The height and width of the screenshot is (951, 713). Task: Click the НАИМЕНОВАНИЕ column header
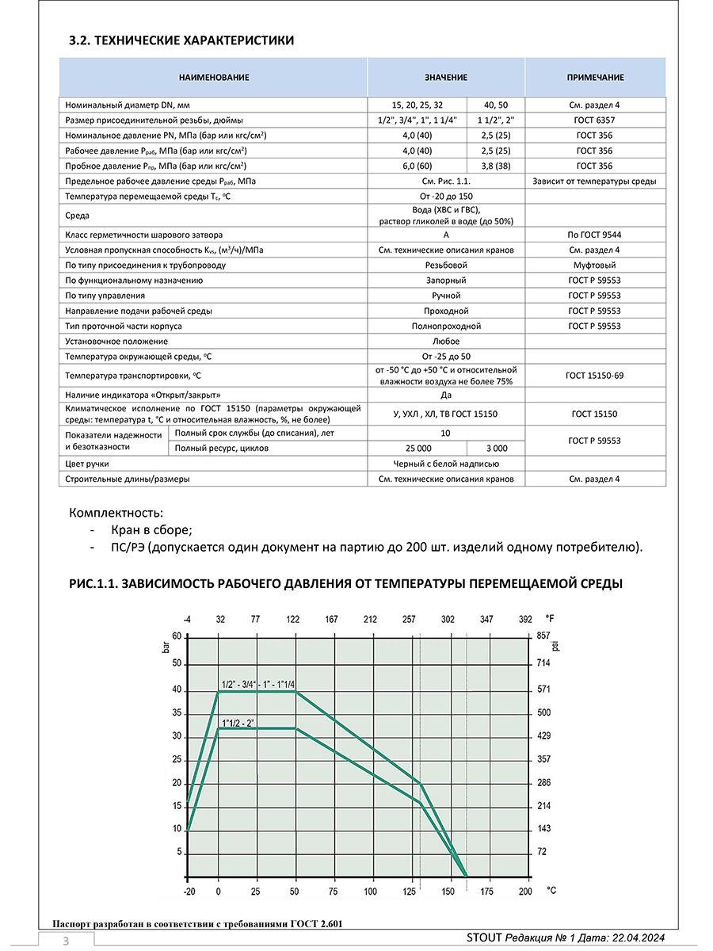point(214,78)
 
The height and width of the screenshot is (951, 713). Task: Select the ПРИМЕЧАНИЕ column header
point(595,78)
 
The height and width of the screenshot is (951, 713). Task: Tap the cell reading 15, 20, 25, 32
point(418,105)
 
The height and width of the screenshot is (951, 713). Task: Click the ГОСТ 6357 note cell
point(596,120)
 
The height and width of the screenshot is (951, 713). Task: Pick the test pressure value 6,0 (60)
point(418,166)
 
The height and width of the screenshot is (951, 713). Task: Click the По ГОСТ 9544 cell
point(596,235)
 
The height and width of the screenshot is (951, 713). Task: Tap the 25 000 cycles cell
point(418,448)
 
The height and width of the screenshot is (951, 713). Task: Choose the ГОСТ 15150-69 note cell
point(596,375)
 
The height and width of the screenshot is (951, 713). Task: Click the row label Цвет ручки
point(87,464)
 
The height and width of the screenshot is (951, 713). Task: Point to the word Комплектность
point(116,513)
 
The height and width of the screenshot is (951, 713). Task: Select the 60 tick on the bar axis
point(177,636)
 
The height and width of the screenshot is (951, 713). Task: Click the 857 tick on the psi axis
point(543,636)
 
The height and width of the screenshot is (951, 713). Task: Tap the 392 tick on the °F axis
point(525,619)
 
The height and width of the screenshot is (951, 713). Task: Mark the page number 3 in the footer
point(67,941)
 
